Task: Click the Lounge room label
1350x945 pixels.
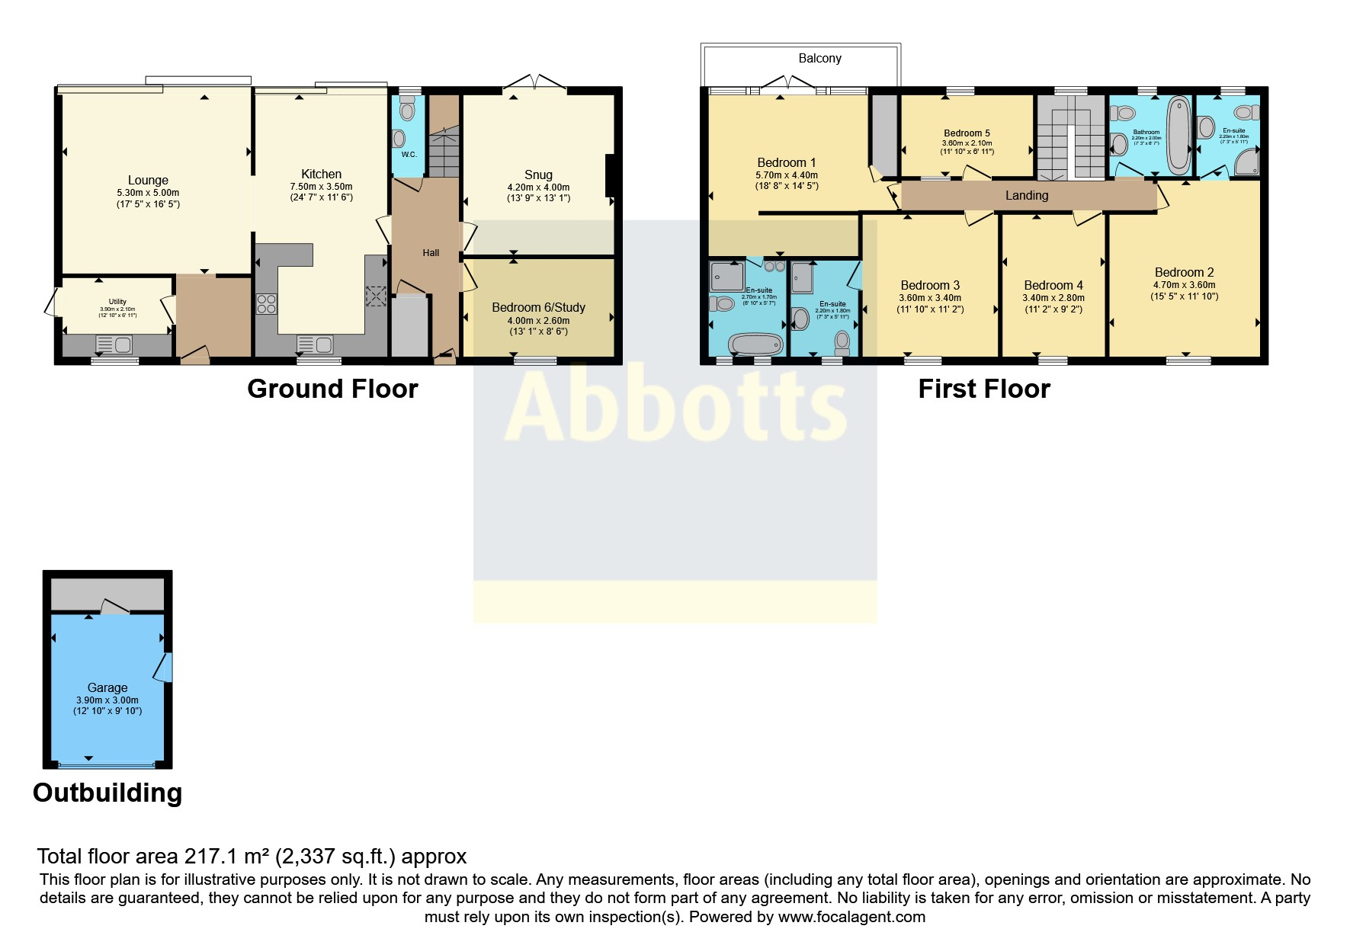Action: [148, 181]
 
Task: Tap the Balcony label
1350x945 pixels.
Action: [819, 59]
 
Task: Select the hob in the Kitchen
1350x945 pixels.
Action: [267, 304]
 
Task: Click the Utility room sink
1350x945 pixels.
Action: [114, 345]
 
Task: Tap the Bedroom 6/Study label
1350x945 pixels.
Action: [538, 307]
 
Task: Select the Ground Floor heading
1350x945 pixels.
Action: [332, 389]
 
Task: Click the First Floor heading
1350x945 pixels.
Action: [983, 389]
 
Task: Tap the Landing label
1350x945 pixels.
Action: [1026, 195]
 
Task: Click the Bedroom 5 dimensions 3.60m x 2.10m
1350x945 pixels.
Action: [967, 143]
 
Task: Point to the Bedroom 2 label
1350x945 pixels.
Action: [1184, 272]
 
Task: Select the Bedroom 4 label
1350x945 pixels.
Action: [1053, 285]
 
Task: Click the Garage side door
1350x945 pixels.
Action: [165, 667]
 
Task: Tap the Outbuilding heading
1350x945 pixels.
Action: [107, 793]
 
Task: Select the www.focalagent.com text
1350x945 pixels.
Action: [851, 917]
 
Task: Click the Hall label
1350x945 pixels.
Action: [431, 253]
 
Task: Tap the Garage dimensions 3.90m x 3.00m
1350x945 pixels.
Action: [107, 700]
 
